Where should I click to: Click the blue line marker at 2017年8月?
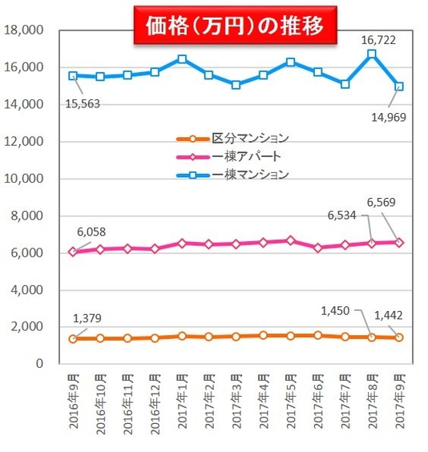point(372,54)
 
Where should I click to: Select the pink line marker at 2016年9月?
point(74,252)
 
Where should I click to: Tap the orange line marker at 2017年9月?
point(398,337)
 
